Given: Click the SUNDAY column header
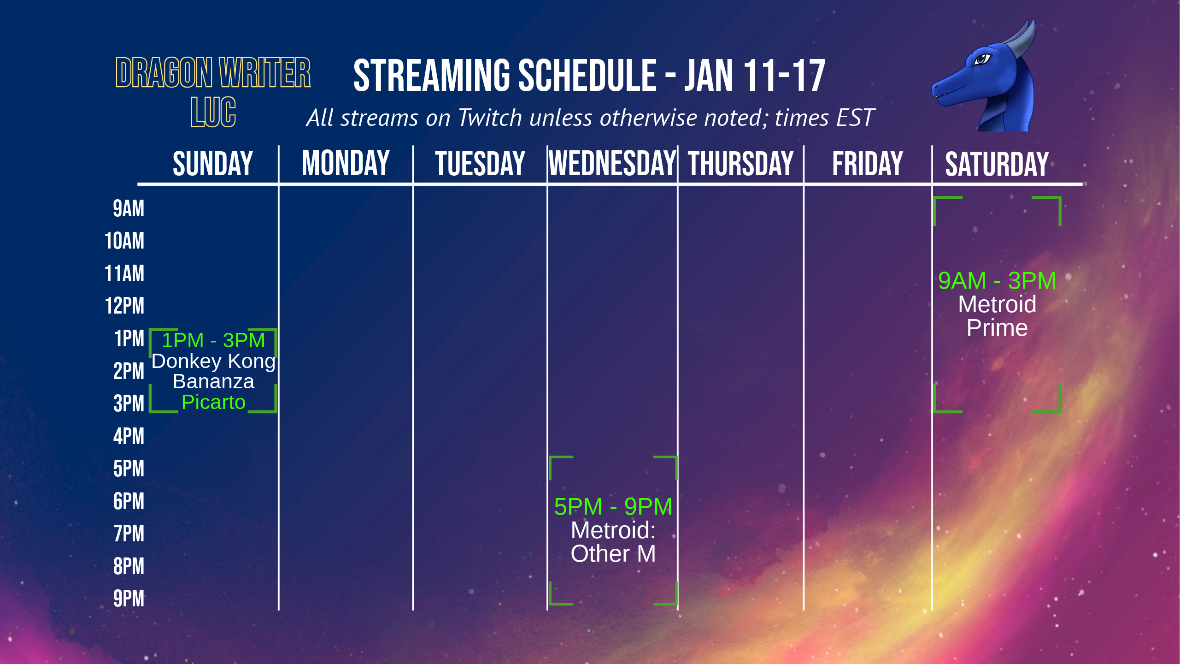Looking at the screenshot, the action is [213, 164].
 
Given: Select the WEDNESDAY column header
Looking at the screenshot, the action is [612, 164].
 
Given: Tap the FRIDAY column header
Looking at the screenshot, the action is [868, 164].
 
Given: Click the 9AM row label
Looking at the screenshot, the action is [129, 208].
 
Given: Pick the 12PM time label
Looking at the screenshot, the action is [124, 306].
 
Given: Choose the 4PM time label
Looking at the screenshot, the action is [129, 436].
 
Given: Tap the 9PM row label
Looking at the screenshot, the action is [129, 599].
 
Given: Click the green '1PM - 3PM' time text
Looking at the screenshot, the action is [213, 340].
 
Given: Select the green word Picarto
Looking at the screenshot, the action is [213, 403].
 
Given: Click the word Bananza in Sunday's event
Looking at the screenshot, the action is [213, 381].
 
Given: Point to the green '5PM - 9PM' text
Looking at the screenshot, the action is [613, 506].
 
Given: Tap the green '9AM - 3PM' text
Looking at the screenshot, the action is [997, 280].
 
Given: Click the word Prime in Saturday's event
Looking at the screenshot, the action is [997, 328].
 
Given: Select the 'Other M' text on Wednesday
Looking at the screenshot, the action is [613, 553].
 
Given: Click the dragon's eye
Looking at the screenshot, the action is [981, 59].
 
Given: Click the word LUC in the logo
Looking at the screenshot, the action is [213, 112].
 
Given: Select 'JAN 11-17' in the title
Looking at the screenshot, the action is [755, 76].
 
